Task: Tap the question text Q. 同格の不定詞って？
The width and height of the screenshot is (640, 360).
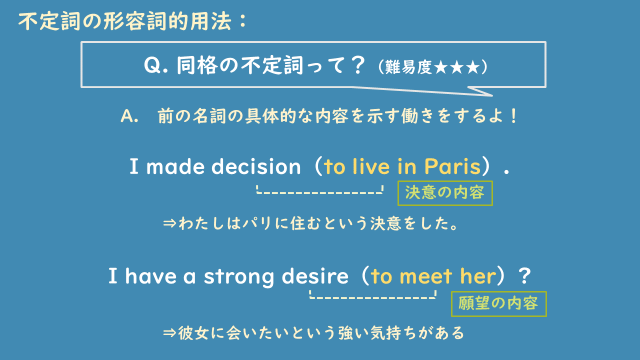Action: click(256, 68)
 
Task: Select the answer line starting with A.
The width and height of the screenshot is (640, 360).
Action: click(319, 116)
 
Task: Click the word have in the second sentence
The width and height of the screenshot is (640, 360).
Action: click(148, 275)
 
